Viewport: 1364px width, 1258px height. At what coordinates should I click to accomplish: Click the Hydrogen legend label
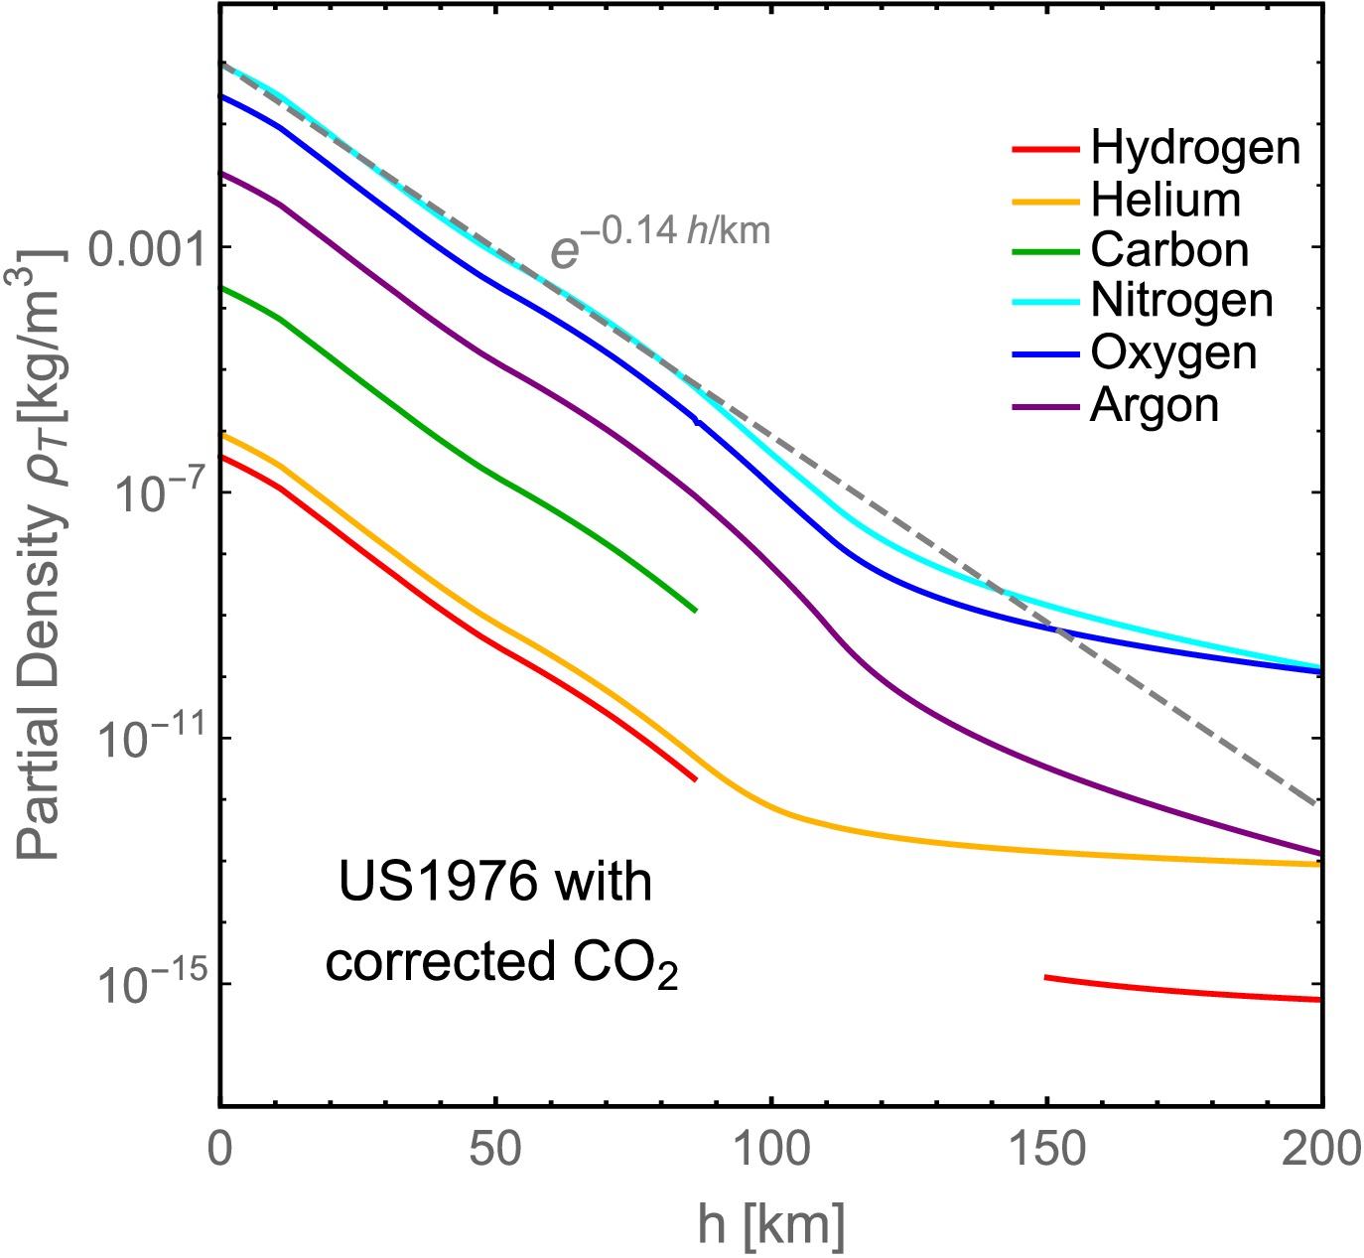click(1195, 148)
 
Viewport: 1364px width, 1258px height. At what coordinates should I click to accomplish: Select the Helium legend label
click(1165, 200)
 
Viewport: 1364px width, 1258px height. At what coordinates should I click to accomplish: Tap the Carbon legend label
click(1169, 250)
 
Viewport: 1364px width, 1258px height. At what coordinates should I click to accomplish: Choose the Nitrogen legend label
click(1181, 301)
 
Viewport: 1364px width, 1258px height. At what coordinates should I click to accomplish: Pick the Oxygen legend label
click(1173, 353)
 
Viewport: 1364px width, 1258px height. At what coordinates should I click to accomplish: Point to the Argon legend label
click(1155, 405)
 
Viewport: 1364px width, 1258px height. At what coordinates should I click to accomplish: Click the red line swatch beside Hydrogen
click(1045, 150)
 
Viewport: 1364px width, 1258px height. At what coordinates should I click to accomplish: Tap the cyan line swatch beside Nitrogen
click(1045, 302)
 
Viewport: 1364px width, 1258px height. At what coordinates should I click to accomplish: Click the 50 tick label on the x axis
click(495, 1150)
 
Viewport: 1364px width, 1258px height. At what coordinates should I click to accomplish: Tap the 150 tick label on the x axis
click(1046, 1150)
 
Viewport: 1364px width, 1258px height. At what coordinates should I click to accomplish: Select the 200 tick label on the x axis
click(1320, 1150)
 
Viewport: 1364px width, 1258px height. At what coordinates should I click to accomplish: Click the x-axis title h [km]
click(770, 1225)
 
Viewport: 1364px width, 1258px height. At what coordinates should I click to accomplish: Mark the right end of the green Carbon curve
click(695, 610)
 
